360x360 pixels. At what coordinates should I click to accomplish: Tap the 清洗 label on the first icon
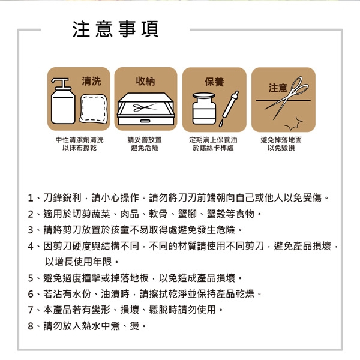click(92, 80)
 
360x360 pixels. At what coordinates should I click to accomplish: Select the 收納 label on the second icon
click(146, 80)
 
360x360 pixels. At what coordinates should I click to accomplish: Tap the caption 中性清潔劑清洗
click(79, 140)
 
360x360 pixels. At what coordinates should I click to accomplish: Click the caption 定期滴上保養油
click(214, 140)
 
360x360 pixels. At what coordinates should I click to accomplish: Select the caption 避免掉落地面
click(281, 140)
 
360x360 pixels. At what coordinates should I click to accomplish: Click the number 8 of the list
click(30, 326)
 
